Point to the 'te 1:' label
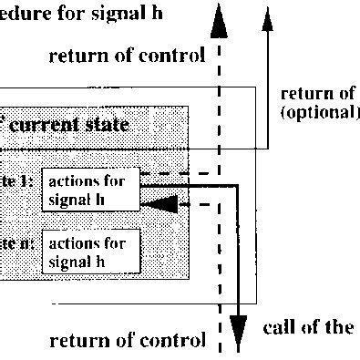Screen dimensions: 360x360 point(17,181)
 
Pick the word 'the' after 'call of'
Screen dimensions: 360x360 point(337,327)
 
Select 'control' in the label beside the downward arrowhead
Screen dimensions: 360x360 point(171,343)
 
